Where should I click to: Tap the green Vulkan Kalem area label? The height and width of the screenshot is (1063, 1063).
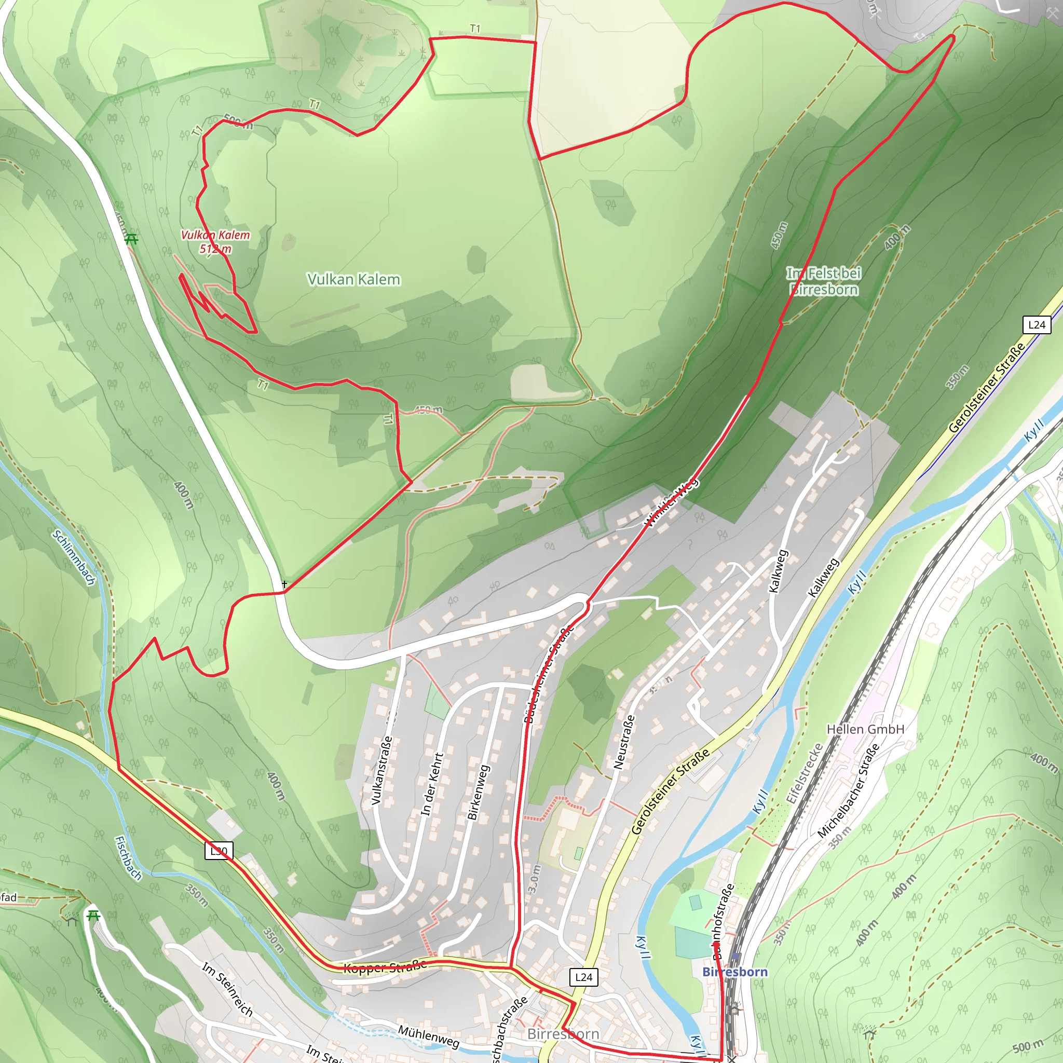(x=353, y=280)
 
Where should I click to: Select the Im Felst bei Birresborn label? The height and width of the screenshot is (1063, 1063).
(x=824, y=281)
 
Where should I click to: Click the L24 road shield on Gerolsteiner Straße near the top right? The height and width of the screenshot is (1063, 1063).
(x=1036, y=324)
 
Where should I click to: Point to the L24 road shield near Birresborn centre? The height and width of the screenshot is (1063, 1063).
(x=583, y=977)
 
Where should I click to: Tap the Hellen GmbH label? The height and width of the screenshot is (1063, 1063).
(x=865, y=729)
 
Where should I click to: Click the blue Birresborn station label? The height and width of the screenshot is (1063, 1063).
(x=734, y=972)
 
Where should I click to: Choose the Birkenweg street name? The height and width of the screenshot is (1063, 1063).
(x=478, y=792)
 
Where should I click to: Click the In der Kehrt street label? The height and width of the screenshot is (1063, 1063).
(x=432, y=785)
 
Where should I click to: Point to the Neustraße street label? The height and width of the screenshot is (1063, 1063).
(x=624, y=742)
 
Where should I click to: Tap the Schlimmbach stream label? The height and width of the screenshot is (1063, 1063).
(x=74, y=558)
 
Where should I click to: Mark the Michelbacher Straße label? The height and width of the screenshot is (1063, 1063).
(x=848, y=791)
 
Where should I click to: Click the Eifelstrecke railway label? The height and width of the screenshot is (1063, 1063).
(x=804, y=773)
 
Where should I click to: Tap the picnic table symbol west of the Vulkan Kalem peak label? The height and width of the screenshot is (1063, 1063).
(x=131, y=239)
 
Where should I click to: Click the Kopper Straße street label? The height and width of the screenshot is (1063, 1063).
(x=385, y=967)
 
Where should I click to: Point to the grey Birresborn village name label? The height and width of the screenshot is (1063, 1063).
(x=563, y=1034)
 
